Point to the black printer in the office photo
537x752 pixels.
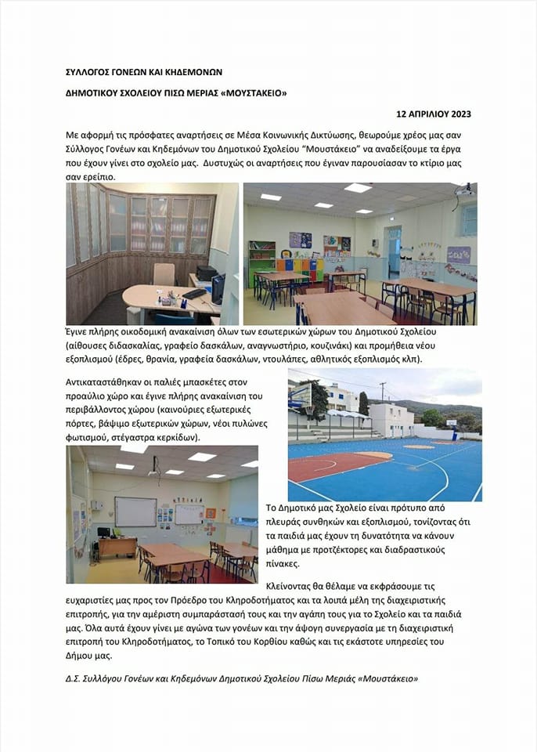tap(205, 273)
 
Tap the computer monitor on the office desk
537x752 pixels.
tap(218, 289)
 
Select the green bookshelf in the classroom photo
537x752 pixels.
tap(261, 263)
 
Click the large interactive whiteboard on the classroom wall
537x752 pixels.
tap(135, 512)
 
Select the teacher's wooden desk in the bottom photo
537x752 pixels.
tap(117, 545)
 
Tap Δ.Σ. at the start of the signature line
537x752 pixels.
tap(74, 678)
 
